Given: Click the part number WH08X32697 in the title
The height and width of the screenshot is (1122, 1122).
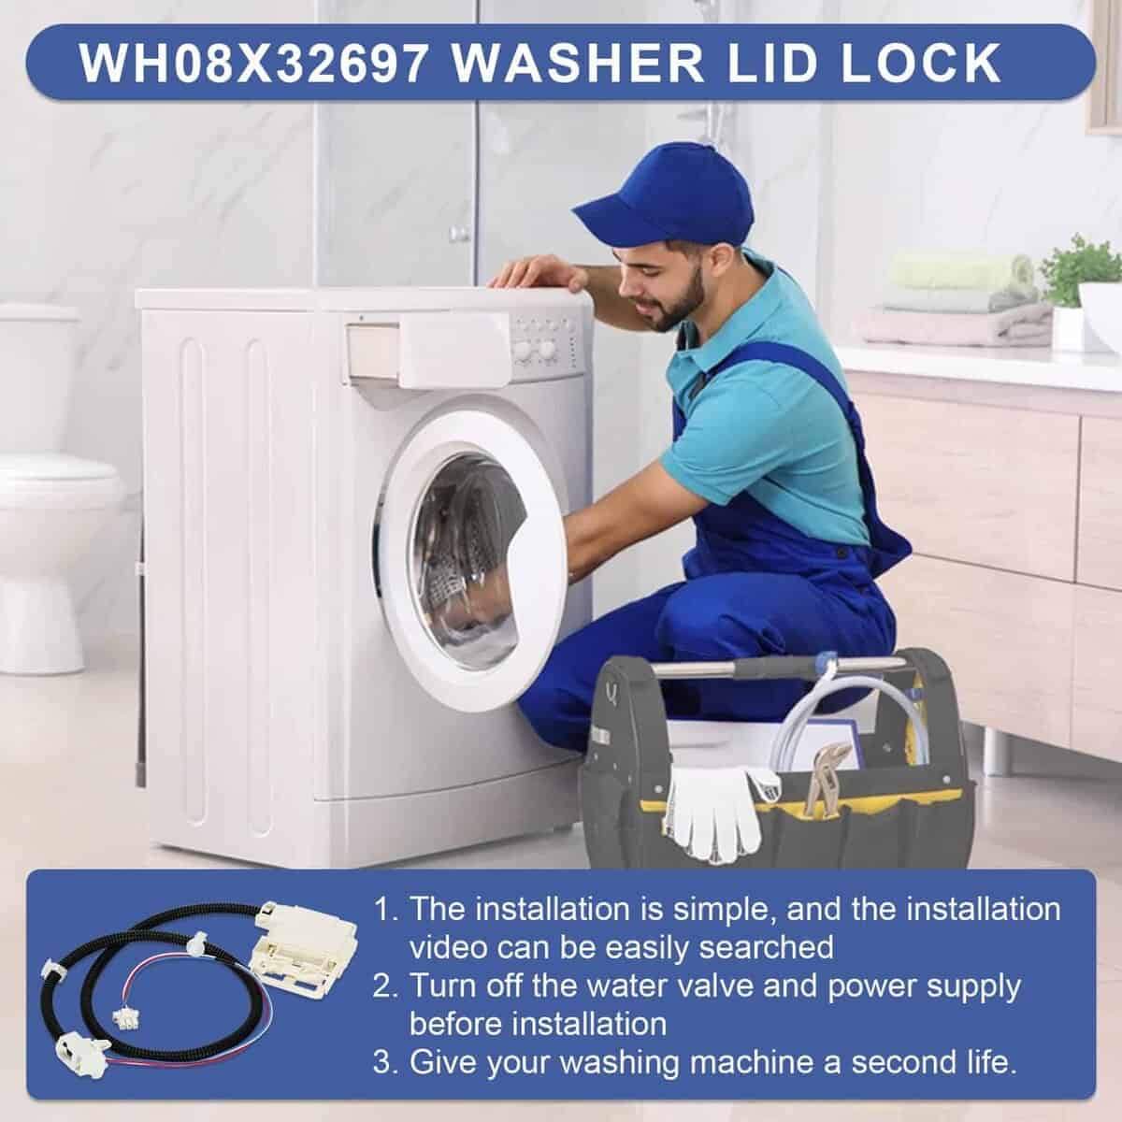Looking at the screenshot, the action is click(253, 64).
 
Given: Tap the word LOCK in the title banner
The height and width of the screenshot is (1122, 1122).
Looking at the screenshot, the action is click(921, 64).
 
